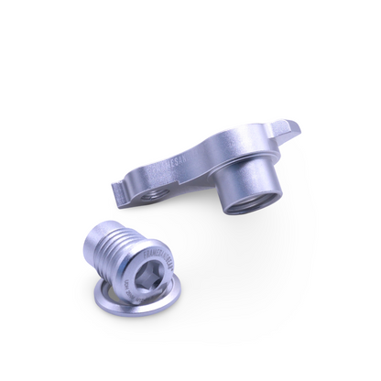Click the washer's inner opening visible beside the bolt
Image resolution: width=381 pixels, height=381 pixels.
coord(106,290)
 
